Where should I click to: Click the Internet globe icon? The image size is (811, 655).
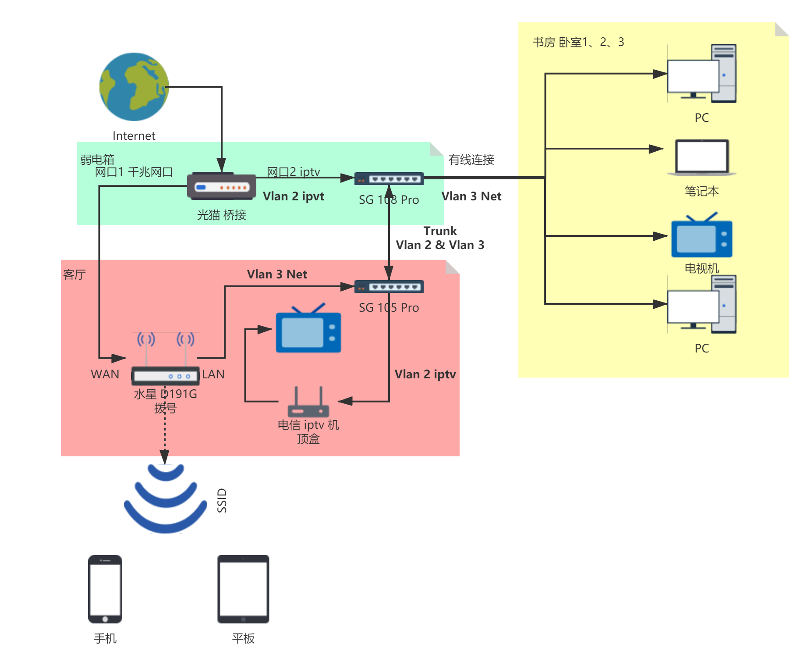point(134,87)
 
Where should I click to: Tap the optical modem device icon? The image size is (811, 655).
point(222,186)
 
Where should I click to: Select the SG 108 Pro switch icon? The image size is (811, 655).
point(389,178)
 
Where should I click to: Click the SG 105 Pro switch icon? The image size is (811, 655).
point(389,287)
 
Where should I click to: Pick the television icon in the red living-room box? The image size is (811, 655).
point(308,329)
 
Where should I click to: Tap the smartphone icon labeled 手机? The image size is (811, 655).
point(105,589)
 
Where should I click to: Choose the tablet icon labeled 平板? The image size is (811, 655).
point(243,589)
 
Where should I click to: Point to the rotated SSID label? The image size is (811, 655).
point(222,500)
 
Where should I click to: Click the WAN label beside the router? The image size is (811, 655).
point(105,374)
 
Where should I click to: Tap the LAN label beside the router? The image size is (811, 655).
point(213,374)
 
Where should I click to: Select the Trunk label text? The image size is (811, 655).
point(440,231)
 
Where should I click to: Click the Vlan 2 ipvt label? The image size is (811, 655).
point(293,196)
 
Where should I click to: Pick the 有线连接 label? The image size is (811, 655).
point(471,160)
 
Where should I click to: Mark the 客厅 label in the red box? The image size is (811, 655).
point(74,275)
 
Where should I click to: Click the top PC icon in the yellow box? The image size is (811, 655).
point(701,74)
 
